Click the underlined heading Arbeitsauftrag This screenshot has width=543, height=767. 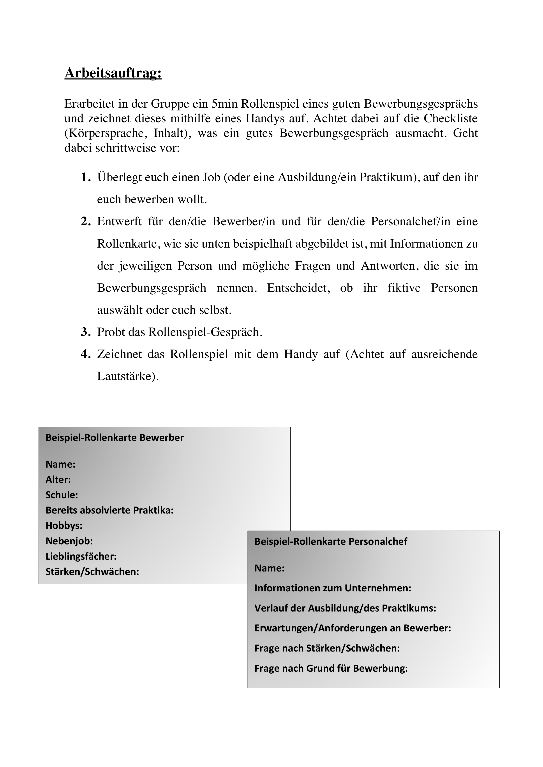click(113, 73)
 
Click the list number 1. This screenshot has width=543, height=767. click(86, 177)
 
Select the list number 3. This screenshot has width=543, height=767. click(86, 332)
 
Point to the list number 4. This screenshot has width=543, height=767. click(86, 354)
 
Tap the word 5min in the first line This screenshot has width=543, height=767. click(224, 104)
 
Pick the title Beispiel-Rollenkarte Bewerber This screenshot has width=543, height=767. click(115, 438)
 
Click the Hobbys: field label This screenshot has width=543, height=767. click(64, 526)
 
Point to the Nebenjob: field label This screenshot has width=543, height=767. click(69, 541)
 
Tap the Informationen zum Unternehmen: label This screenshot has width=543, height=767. click(333, 588)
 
